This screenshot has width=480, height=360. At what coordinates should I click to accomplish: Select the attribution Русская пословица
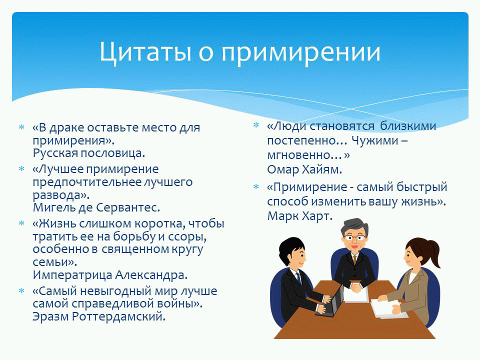(89, 153)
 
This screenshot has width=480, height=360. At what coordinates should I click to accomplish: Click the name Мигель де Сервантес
(96, 207)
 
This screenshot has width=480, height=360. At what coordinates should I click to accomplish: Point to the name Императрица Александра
(110, 275)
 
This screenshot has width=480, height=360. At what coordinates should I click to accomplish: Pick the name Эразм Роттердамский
(99, 316)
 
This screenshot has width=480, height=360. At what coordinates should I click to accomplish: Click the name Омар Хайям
(304, 169)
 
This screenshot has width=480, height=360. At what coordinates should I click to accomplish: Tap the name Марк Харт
(299, 216)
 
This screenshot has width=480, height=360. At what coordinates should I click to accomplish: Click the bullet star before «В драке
(21, 127)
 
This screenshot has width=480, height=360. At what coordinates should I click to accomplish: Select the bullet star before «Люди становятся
(256, 125)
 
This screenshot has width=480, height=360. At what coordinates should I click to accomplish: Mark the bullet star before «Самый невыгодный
(21, 290)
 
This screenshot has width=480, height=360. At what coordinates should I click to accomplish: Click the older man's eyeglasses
(354, 237)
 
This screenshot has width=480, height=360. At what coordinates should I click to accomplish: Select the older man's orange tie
(355, 259)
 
